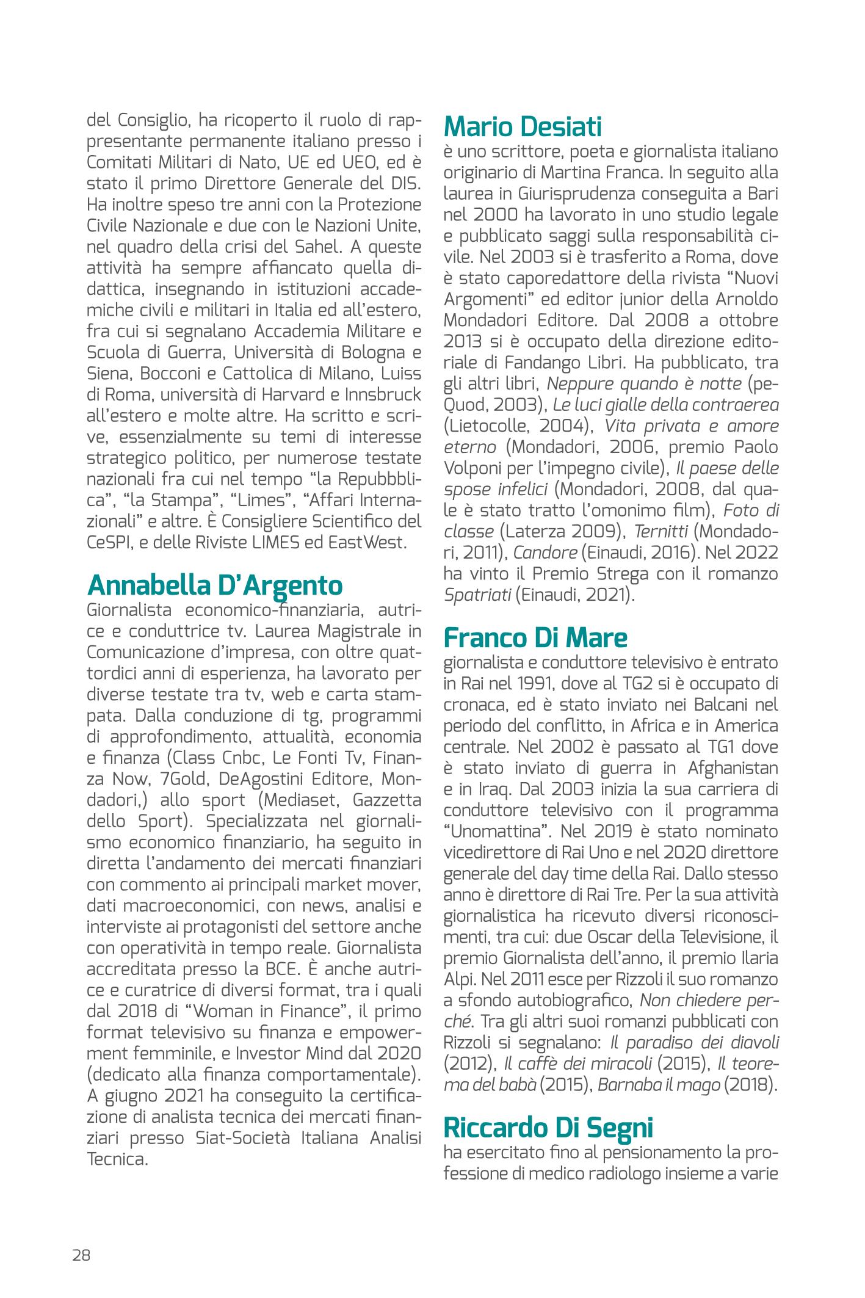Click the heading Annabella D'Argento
click(x=214, y=585)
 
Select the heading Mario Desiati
click(x=523, y=127)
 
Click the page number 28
click(x=81, y=1255)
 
